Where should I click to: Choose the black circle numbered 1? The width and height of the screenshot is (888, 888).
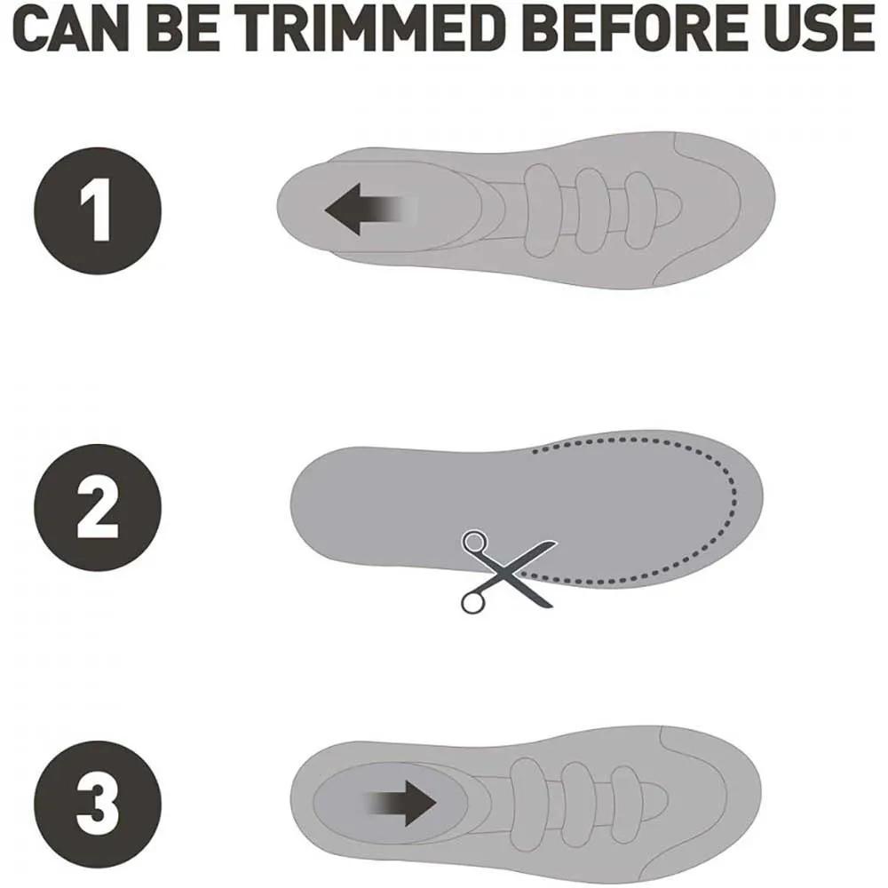pyautogui.click(x=98, y=210)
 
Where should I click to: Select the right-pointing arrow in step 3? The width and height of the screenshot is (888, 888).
pyautogui.click(x=400, y=804)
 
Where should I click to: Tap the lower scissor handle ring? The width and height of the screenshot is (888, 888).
pyautogui.click(x=474, y=602)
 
